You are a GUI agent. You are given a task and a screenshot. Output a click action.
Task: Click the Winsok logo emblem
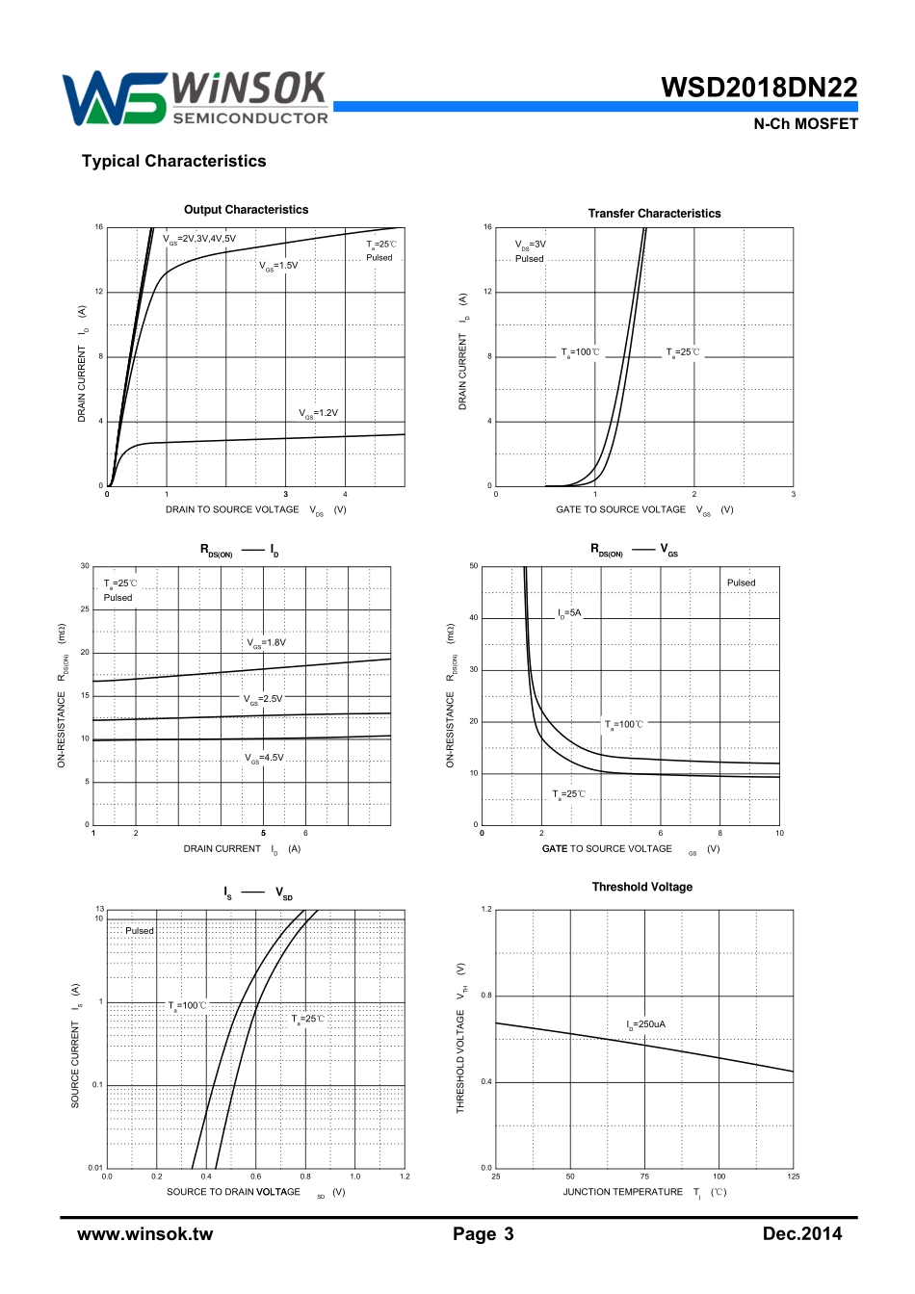pyautogui.click(x=114, y=98)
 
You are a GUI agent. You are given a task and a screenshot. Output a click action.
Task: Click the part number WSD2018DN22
pyautogui.click(x=759, y=88)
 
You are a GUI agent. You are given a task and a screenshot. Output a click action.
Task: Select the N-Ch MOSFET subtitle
pyautogui.click(x=805, y=124)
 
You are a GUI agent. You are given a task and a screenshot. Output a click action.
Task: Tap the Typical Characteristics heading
pyautogui.click(x=173, y=162)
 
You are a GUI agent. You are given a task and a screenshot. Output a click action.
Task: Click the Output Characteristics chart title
pyautogui.click(x=247, y=210)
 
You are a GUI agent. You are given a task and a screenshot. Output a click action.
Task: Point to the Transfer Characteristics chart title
pyautogui.click(x=654, y=214)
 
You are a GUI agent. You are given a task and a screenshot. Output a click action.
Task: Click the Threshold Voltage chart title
pyautogui.click(x=641, y=887)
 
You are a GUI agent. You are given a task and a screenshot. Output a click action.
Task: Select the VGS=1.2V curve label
pyautogui.click(x=318, y=413)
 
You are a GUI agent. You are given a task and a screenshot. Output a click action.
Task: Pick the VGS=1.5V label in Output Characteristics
pyautogui.click(x=278, y=266)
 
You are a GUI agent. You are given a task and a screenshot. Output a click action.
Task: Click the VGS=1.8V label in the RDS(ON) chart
pyautogui.click(x=266, y=643)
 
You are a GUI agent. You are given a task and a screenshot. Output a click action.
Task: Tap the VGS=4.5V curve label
pyautogui.click(x=264, y=758)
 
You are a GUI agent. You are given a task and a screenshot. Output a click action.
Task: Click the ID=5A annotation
pyautogui.click(x=569, y=613)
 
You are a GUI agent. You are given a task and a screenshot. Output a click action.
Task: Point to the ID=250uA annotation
pyautogui.click(x=645, y=1024)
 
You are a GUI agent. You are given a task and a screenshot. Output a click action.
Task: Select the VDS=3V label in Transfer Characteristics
pyautogui.click(x=530, y=245)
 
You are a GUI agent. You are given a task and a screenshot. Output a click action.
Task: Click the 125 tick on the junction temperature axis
pyautogui.click(x=794, y=1177)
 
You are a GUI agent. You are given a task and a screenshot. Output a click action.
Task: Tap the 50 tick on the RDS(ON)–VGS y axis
pyautogui.click(x=473, y=566)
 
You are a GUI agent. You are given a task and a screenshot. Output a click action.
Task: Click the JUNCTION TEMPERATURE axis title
pyautogui.click(x=622, y=1192)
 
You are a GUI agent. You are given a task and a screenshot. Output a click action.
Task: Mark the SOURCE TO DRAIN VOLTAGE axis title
pyautogui.click(x=233, y=1192)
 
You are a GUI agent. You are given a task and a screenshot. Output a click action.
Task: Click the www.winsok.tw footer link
pyautogui.click(x=144, y=1234)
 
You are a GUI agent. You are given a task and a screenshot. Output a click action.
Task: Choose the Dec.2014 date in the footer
pyautogui.click(x=801, y=1234)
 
